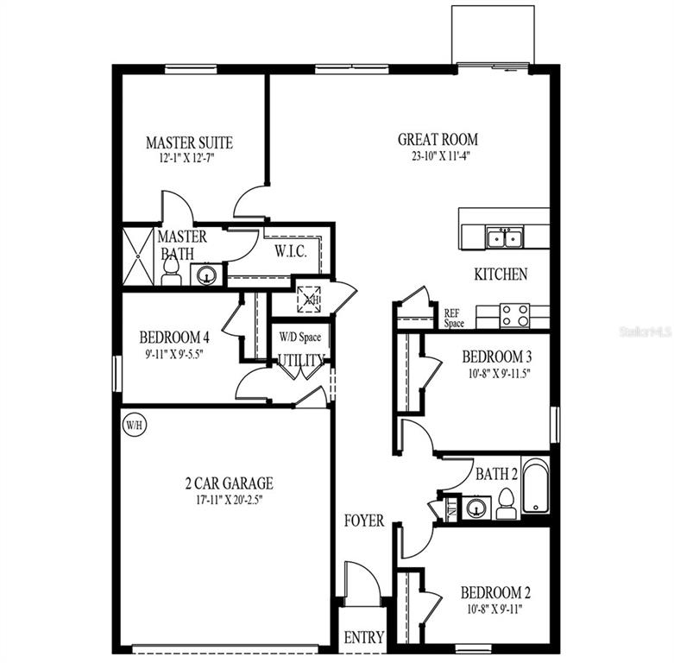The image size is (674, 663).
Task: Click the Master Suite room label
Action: [x=189, y=142]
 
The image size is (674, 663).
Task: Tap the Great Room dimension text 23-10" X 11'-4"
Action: [x=438, y=156]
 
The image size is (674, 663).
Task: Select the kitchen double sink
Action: [x=504, y=237]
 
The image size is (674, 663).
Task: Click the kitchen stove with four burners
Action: [x=515, y=315]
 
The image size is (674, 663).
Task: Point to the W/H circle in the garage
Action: [x=133, y=425]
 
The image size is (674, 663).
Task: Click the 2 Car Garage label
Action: [x=223, y=483]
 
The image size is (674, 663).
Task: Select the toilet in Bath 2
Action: [x=507, y=504]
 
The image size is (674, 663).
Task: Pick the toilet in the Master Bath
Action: [x=171, y=272]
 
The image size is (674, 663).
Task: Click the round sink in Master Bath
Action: [x=206, y=275]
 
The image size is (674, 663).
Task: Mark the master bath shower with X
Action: [x=137, y=256]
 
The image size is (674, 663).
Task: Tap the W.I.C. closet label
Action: [x=287, y=252]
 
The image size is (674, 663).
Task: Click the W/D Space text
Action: [x=299, y=336]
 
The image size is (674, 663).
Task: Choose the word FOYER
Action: [x=364, y=521]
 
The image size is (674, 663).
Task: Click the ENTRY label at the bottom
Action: [x=363, y=638]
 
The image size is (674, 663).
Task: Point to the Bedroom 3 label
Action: [x=496, y=357]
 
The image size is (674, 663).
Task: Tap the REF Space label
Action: [x=454, y=319]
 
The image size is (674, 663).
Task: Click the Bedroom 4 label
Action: [x=174, y=338]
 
